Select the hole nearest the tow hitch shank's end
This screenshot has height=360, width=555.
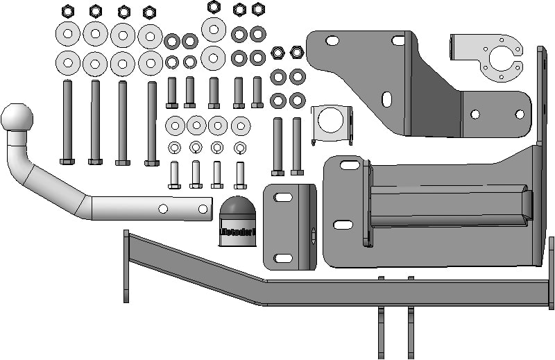pos(203,208)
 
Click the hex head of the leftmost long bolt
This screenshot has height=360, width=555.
pos(67,162)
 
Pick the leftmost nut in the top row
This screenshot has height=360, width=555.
pos(68,11)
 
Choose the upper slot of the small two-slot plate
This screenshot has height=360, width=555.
pos(283,198)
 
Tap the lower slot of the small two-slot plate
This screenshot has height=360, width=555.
pos(283,258)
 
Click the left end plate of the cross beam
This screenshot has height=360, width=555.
pos(126,266)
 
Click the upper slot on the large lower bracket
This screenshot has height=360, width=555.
pos(350,165)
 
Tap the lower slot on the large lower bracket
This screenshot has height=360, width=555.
pos(343,225)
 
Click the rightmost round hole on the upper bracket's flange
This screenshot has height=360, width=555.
pos(519,114)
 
